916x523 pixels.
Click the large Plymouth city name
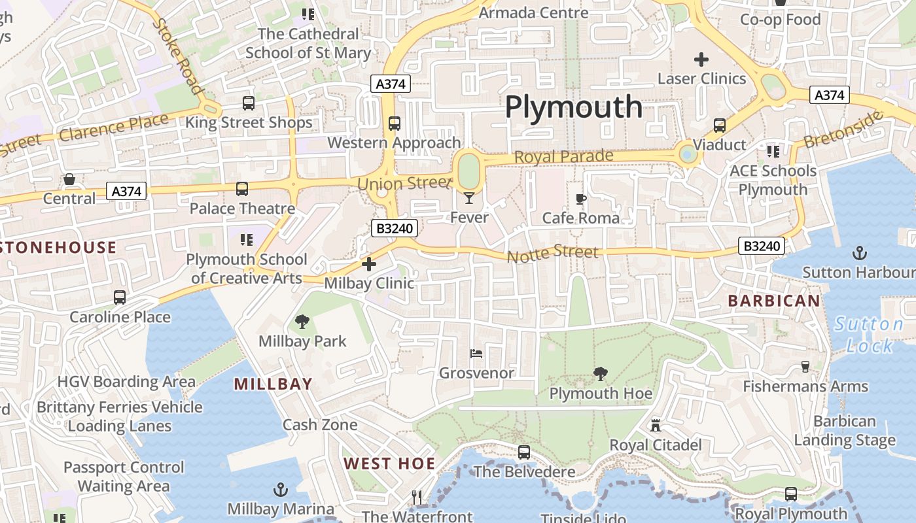574,107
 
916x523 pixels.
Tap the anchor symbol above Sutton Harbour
858,252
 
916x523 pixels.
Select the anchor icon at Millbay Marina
280,489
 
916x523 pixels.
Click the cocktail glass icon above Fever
469,198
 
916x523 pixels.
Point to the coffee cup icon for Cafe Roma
580,199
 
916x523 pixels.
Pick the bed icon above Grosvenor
476,354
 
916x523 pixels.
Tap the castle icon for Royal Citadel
655,426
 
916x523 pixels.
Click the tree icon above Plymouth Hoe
600,374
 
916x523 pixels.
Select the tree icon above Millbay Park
302,321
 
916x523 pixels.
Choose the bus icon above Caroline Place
120,297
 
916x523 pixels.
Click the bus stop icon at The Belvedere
524,452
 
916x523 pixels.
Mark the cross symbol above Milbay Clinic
369,264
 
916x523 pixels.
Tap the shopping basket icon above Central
69,179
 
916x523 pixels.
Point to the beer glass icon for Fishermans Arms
805,367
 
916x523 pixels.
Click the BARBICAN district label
774,301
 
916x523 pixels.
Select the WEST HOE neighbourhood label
389,464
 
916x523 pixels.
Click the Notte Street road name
553,253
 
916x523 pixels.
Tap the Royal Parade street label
563,156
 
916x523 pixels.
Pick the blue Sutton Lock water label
869,335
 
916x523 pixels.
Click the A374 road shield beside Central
126,192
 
